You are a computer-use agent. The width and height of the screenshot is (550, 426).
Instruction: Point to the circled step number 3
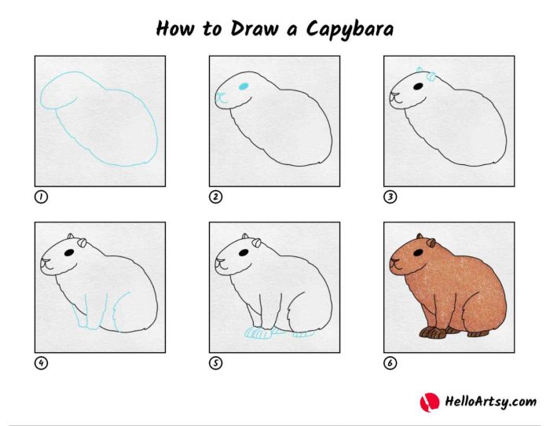point(390,197)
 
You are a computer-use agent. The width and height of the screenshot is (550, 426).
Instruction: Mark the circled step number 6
point(390,363)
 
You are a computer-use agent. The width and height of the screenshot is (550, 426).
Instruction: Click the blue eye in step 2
point(244,85)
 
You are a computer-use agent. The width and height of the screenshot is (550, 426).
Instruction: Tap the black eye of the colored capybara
point(420,252)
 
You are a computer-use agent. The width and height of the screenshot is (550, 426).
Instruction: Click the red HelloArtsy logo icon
point(430,402)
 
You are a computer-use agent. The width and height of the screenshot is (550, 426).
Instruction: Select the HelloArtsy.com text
point(490,402)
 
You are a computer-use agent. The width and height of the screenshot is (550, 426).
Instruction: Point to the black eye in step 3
point(419,85)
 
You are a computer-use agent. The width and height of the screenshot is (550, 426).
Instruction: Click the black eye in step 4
point(70,252)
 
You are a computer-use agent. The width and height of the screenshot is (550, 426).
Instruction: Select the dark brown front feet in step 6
point(432,332)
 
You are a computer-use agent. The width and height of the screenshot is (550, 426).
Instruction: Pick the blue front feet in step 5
point(258,333)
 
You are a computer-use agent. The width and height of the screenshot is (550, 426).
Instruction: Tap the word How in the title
point(174,28)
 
